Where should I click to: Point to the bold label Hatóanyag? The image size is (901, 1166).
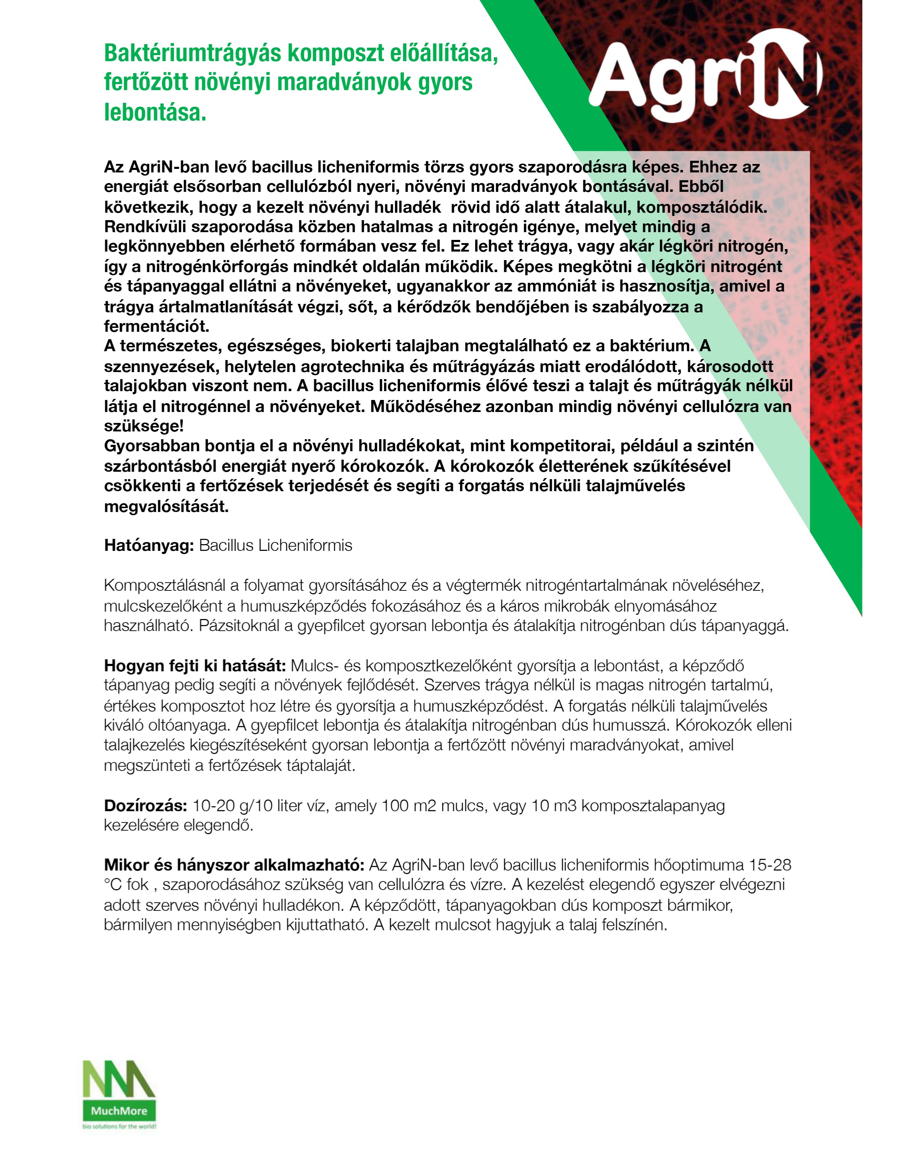[x=148, y=546]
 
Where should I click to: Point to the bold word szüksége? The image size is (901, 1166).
[x=143, y=426]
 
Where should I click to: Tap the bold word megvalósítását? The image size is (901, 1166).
[x=166, y=506]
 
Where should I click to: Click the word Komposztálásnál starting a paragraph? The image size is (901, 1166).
[x=164, y=586]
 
